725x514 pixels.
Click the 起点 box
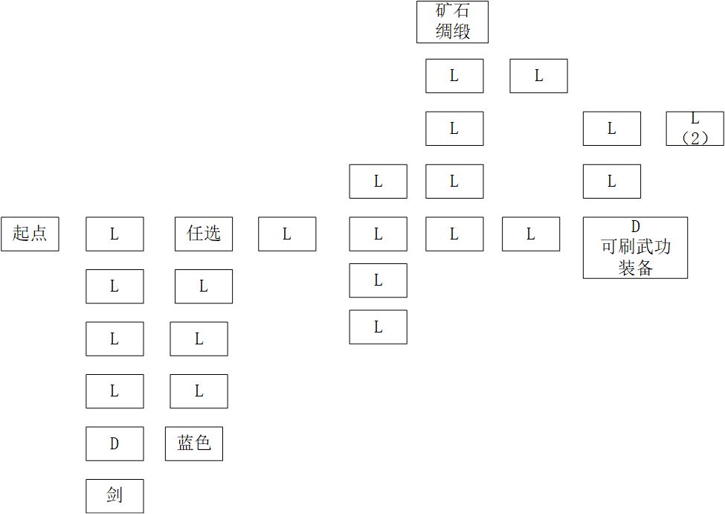(30, 234)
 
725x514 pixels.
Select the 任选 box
(204, 234)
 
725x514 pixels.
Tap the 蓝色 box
(194, 443)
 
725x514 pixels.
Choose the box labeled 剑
(115, 496)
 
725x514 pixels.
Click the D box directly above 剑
(115, 443)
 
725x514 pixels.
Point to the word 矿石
(453, 10)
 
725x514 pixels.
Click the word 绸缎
(453, 31)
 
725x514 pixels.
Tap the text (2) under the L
(695, 138)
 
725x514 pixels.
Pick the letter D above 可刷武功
(635, 227)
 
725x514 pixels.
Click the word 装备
(635, 268)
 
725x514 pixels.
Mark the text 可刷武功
(635, 247)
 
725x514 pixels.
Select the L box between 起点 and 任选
(115, 234)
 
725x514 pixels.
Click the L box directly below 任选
(204, 286)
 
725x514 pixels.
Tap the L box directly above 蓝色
(199, 391)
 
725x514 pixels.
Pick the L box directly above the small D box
(115, 391)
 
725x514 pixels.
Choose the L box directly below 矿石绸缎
(454, 76)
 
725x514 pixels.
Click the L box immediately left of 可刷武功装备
(531, 234)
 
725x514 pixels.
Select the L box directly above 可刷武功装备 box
(612, 181)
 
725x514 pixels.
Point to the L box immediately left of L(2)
(612, 129)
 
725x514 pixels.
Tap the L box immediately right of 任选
(287, 234)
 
